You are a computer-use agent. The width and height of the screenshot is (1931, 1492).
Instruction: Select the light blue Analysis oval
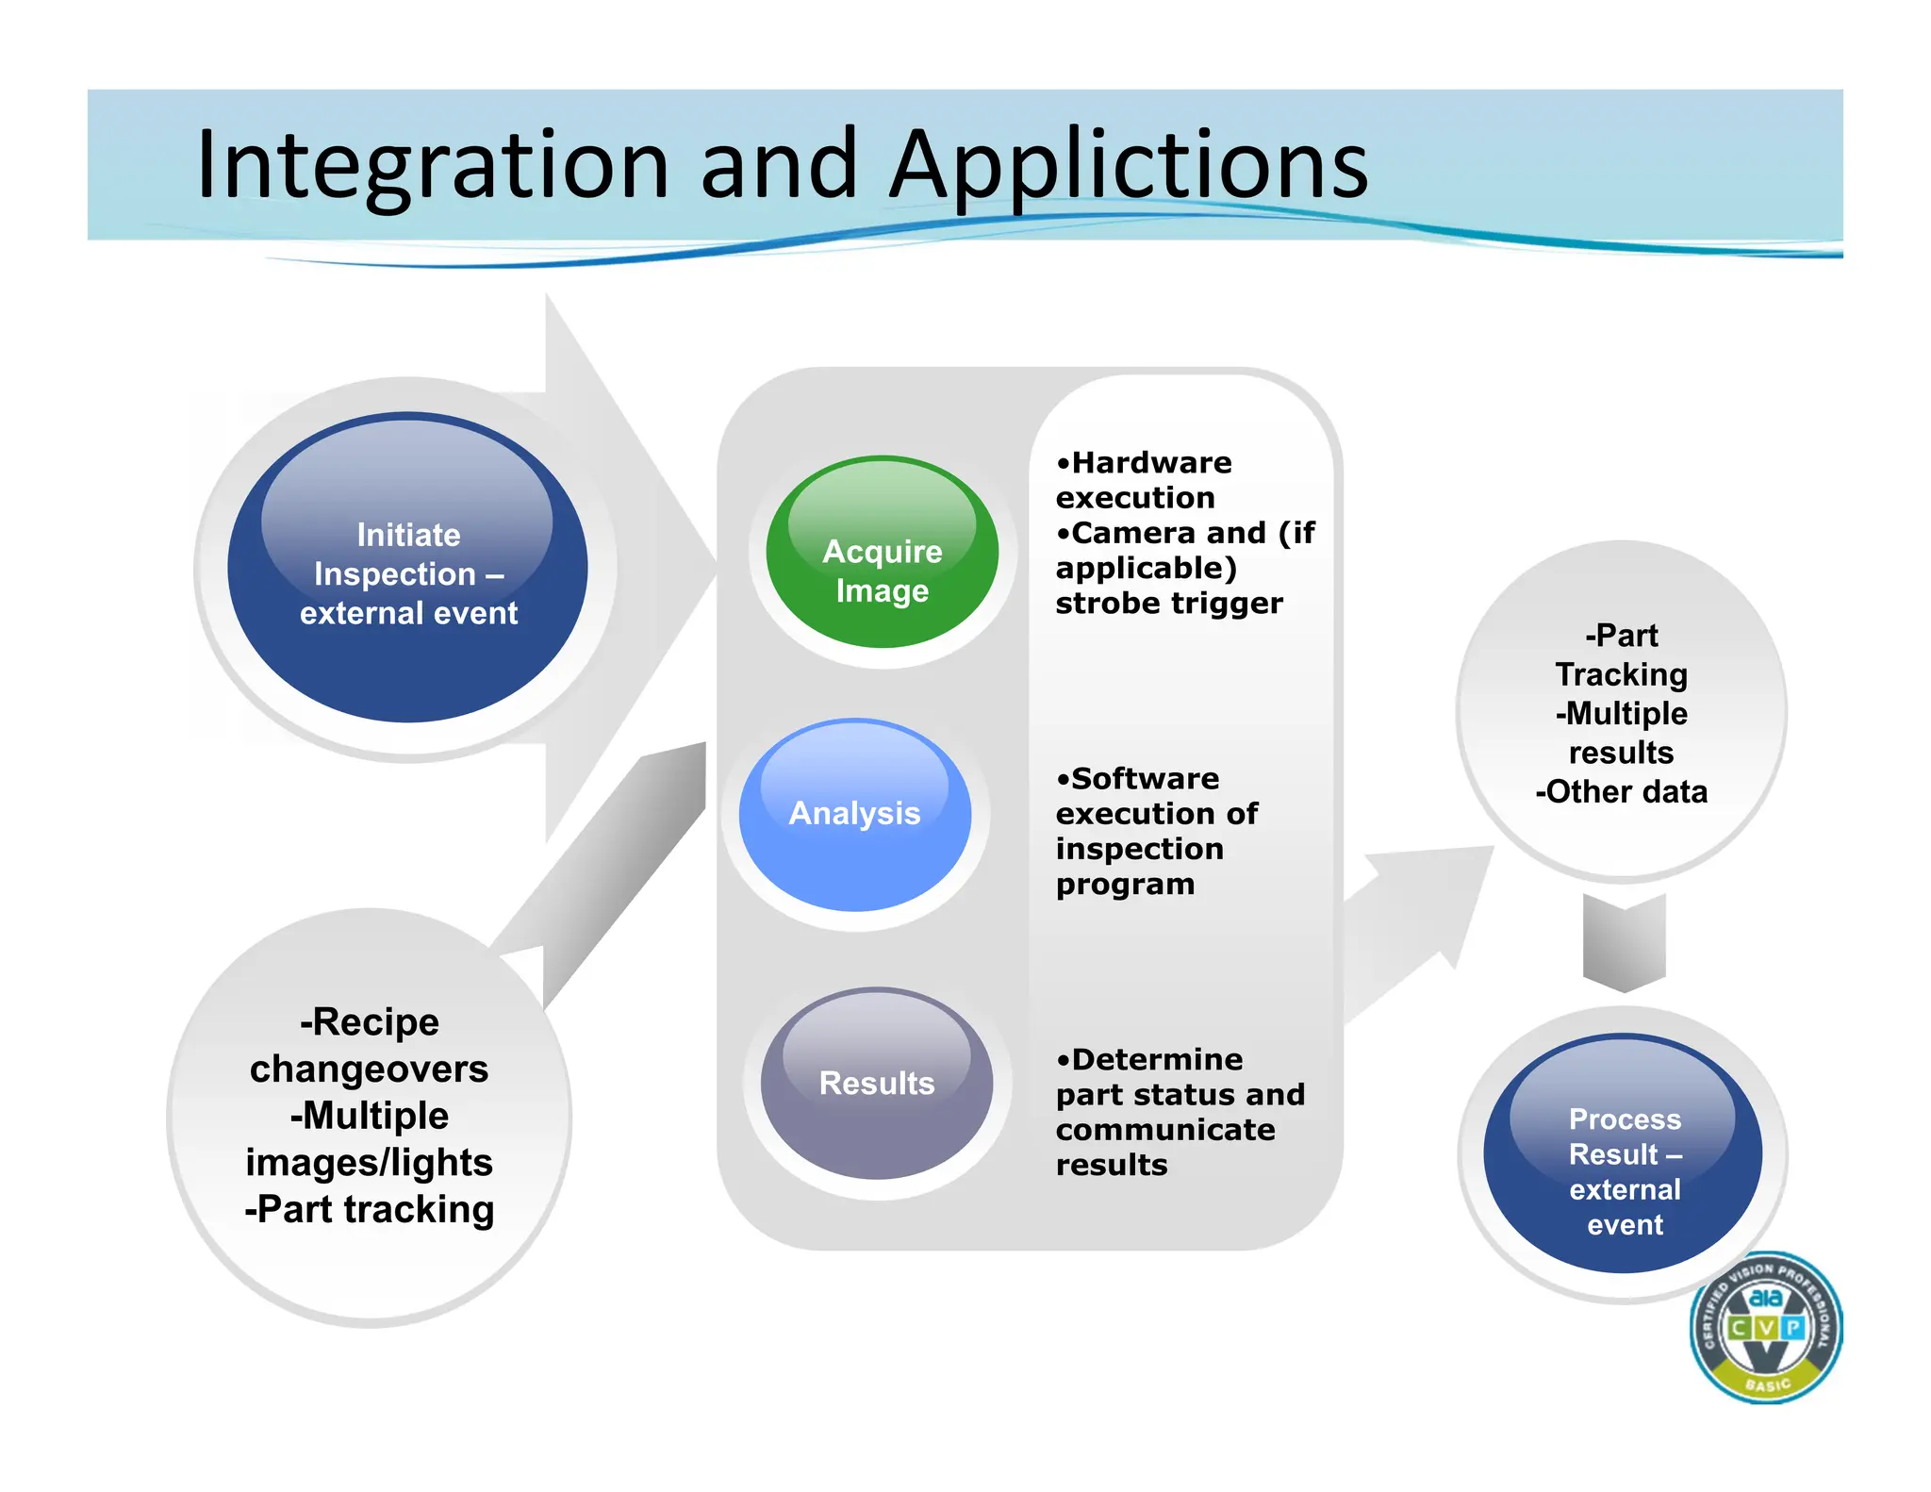854,815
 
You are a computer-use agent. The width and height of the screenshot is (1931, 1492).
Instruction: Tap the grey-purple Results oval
876,1084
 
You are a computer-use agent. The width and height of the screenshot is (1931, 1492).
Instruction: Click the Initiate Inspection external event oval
407,570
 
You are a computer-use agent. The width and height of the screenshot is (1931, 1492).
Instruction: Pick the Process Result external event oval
1623,1155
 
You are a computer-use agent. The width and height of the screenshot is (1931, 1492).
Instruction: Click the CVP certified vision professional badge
1765,1328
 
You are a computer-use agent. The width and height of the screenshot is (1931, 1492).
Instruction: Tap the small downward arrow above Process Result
1624,943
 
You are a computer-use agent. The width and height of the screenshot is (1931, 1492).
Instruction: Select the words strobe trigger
1168,604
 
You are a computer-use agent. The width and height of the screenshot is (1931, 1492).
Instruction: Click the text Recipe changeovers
369,1046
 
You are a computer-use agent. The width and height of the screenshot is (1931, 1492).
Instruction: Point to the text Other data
1622,792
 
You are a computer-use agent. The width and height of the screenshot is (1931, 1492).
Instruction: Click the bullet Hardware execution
1143,480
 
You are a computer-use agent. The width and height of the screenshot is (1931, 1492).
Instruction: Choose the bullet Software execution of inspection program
1155,831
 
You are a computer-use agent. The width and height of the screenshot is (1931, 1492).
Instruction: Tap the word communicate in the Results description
1164,1130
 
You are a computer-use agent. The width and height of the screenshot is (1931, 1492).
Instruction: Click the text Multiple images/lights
369,1139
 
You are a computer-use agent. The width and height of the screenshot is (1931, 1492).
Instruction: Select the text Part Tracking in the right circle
1621,655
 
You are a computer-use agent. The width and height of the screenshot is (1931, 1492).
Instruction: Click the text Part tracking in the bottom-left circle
369,1210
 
